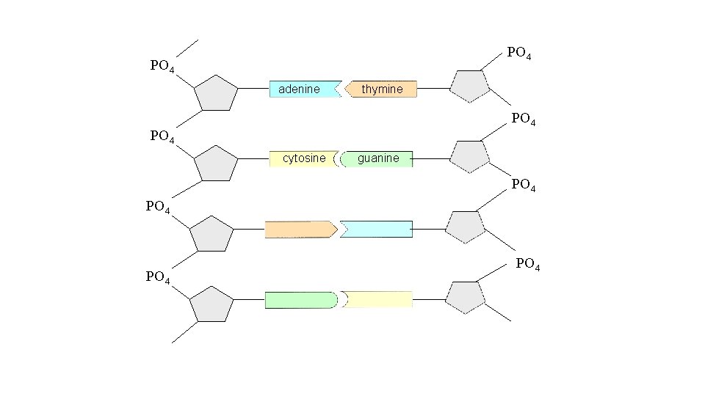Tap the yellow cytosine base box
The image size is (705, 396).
[x=303, y=158]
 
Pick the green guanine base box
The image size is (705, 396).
[x=377, y=158]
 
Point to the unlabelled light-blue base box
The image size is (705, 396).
[x=377, y=230]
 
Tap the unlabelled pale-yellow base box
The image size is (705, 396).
[x=379, y=299]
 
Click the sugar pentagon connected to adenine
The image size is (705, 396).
[x=216, y=93]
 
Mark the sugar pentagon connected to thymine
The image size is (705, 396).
[x=469, y=86]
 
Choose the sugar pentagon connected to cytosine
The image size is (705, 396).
[x=216, y=163]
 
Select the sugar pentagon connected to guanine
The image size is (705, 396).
[x=469, y=155]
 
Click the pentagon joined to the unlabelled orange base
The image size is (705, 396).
[x=211, y=234]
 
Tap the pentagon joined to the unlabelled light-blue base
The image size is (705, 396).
[x=466, y=227]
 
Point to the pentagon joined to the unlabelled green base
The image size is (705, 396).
[x=211, y=304]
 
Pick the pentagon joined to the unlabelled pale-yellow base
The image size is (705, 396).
[x=466, y=296]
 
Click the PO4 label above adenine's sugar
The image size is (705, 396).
[x=162, y=66]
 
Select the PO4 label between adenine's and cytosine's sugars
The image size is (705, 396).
[x=162, y=136]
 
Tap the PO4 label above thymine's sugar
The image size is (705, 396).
[x=520, y=53]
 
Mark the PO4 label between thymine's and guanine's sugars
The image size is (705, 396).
[x=523, y=117]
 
